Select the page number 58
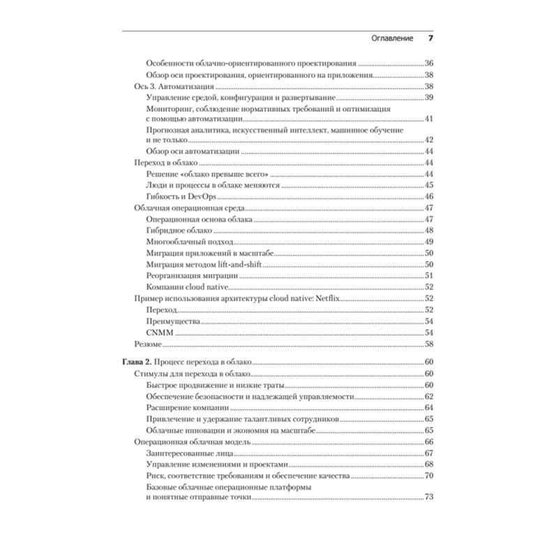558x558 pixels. (x=430, y=344)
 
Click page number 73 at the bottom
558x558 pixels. (x=430, y=497)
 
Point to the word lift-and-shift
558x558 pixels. (x=239, y=264)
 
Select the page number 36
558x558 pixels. (x=430, y=63)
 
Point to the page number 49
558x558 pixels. (x=430, y=242)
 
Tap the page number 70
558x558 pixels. (x=430, y=475)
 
